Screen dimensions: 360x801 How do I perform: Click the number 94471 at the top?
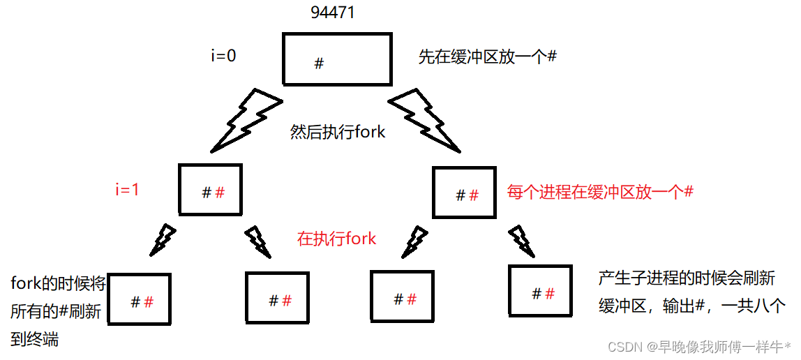point(332,13)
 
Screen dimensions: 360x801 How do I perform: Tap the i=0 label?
point(223,56)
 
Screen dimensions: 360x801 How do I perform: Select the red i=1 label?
point(127,189)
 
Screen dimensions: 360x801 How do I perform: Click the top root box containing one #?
point(336,59)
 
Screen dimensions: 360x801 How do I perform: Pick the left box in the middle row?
point(211,189)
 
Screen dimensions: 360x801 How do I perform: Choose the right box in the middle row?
point(464,192)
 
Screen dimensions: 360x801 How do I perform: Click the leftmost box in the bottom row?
point(140,299)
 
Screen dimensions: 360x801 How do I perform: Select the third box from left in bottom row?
point(401,297)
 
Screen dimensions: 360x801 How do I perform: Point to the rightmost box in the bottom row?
point(541,292)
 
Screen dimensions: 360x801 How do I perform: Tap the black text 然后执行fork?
point(338,132)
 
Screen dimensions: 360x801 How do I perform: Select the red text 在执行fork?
point(336,239)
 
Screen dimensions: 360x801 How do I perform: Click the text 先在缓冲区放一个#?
point(487,57)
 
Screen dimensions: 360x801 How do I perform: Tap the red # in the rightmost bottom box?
point(550,294)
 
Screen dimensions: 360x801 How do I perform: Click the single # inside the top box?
point(319,63)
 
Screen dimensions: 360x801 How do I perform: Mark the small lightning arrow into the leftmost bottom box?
point(165,238)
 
